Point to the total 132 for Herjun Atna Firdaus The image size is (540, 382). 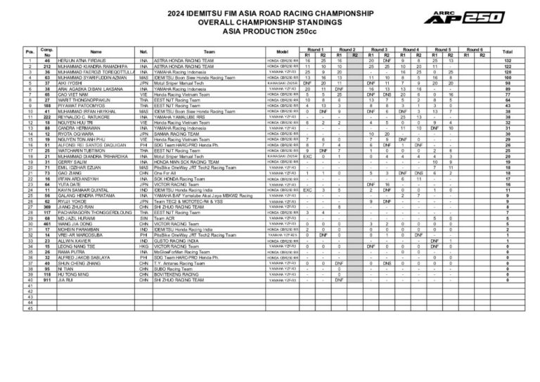[507, 61]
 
